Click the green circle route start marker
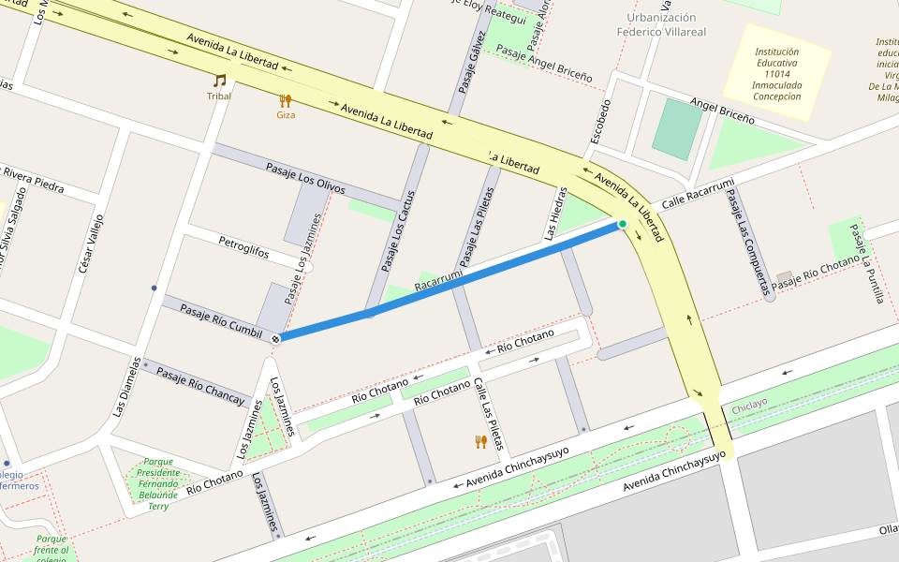622,224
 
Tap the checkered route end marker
275,337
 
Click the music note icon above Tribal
219,81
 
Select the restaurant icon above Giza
286,100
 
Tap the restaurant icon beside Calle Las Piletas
480,441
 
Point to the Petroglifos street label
243,247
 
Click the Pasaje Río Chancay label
199,384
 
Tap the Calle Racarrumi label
698,193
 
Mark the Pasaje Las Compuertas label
746,235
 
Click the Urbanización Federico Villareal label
661,24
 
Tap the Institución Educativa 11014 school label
776,70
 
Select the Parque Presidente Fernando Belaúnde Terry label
157,483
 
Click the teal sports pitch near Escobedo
676,128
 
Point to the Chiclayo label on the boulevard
749,403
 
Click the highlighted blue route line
449,281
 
